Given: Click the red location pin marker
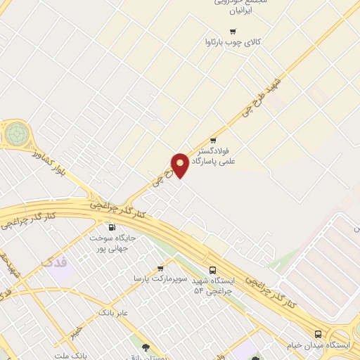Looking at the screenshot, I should (x=180, y=165).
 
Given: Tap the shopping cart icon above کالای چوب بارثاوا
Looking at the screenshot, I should (x=233, y=31).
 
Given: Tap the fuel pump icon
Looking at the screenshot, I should (x=111, y=226).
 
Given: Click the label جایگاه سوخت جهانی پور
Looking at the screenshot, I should (x=112, y=243).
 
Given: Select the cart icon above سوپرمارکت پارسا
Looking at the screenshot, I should (x=160, y=268).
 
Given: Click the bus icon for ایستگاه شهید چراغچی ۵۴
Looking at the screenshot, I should (x=213, y=270).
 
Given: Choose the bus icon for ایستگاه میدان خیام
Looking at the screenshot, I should (x=318, y=334).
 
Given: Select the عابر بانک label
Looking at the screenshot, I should (x=113, y=311).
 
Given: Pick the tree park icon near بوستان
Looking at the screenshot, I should (x=146, y=347).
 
